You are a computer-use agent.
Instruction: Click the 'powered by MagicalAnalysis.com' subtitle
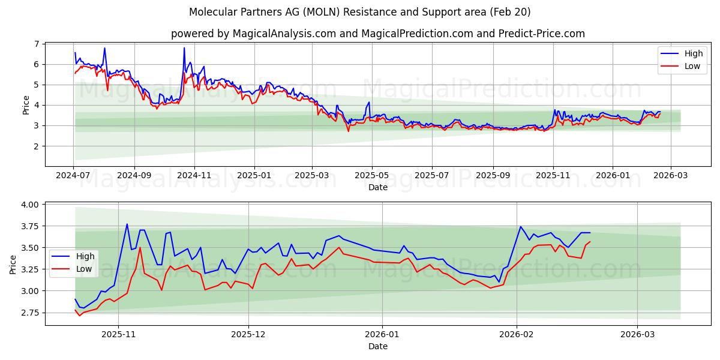point(377,34)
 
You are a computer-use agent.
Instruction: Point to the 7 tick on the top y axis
point(37,44)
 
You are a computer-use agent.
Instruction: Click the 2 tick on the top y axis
point(37,146)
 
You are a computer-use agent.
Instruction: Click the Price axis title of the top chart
point(26,105)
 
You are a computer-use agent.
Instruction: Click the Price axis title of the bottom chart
point(13,264)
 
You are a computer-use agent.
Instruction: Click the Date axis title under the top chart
point(378,187)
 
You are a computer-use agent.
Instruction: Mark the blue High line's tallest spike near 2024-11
point(184,48)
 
